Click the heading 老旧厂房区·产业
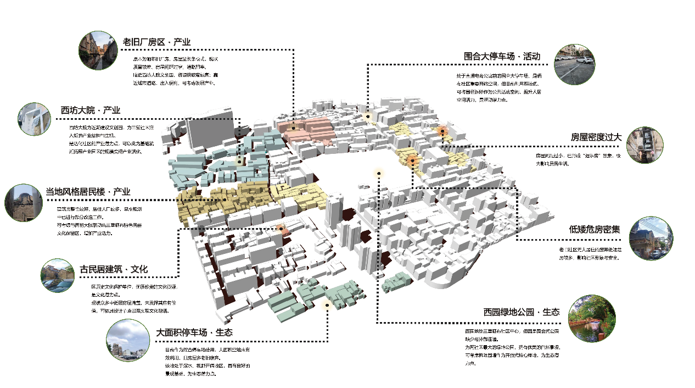coord(156,42)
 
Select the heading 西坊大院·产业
coord(90,110)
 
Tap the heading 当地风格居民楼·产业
coord(88,192)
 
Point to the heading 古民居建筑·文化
coord(114,269)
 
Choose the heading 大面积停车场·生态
coord(194,332)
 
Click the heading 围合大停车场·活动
coord(502,56)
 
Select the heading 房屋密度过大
coord(596,137)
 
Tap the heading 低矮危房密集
coord(594,229)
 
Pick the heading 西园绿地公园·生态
coord(521,312)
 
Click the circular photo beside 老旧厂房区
coord(99,50)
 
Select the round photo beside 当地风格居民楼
coord(24,203)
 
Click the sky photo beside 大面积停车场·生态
coord(127,341)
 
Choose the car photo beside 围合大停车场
coord(575,64)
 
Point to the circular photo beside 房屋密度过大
coord(645,145)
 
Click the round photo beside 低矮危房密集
coord(650,238)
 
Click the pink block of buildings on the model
coord(307,129)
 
